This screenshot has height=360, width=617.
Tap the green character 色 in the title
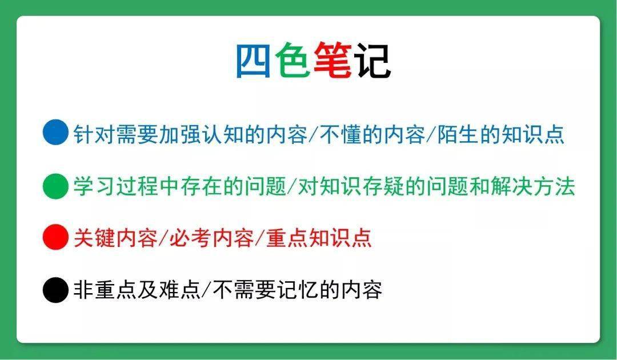point(293,61)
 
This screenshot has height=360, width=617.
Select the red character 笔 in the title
point(332,61)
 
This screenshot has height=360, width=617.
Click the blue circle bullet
point(55,133)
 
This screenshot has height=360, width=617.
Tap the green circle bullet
point(55,185)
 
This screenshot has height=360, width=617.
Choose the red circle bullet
point(55,237)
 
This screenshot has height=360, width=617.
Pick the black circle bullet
point(55,290)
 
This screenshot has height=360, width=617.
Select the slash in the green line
point(293,186)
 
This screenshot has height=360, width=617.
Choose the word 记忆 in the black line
point(297,290)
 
